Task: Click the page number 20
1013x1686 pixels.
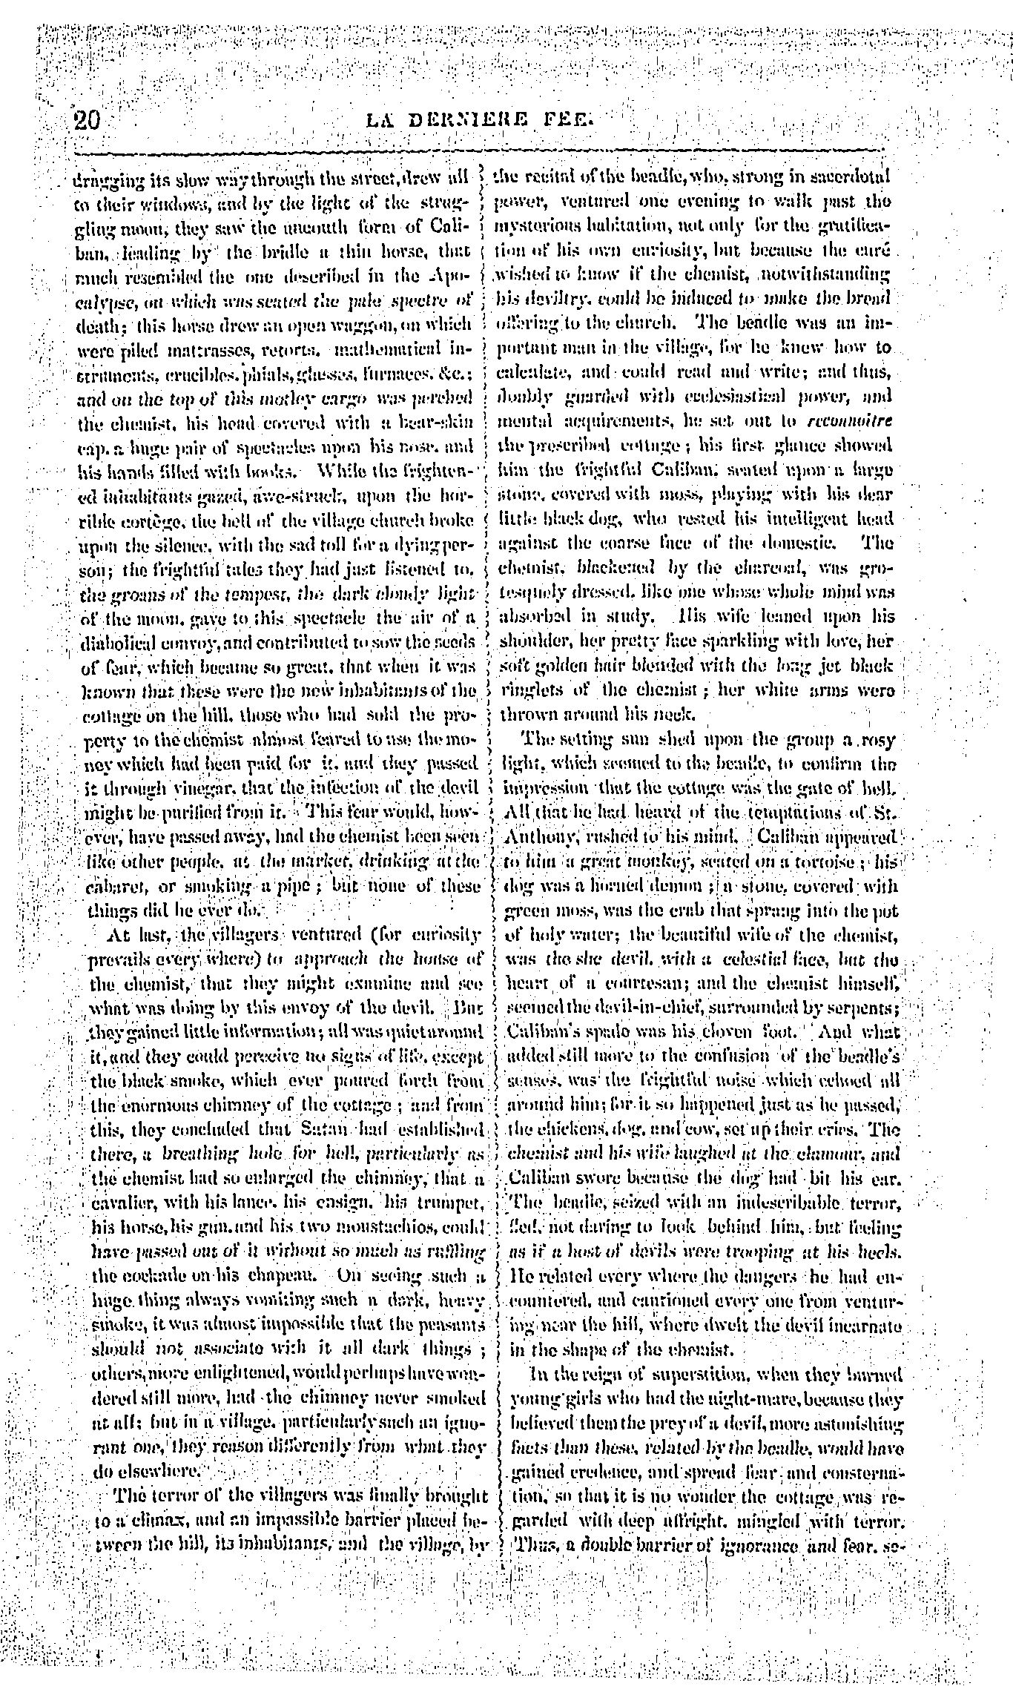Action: [87, 119]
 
